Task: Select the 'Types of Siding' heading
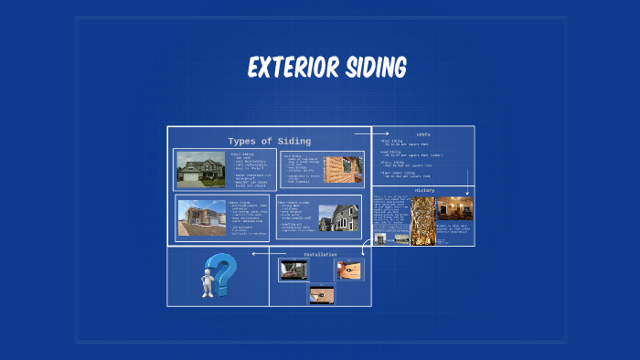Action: pyautogui.click(x=270, y=141)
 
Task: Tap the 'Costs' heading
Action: pyautogui.click(x=422, y=134)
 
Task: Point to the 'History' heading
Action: pyautogui.click(x=424, y=190)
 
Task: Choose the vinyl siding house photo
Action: pyautogui.click(x=200, y=170)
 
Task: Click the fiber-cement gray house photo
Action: pyautogui.click(x=338, y=217)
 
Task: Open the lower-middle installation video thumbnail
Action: pyautogui.click(x=321, y=295)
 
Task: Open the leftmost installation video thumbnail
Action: pyautogui.click(x=292, y=269)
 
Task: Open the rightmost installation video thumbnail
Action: pyautogui.click(x=349, y=269)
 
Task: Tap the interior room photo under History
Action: pyautogui.click(x=454, y=208)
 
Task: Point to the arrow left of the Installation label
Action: pyautogui.click(x=260, y=253)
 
